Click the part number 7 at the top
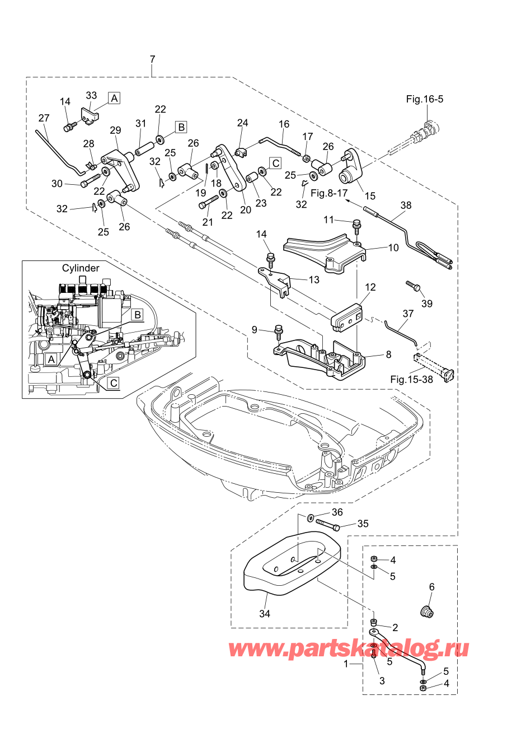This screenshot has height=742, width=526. coord(153,59)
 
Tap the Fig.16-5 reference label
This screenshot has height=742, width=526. coord(424,99)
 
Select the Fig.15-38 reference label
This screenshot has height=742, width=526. coord(411,379)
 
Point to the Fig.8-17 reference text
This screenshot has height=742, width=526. coord(329,193)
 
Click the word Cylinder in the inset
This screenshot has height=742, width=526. coord(81,268)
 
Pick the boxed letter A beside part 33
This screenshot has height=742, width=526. coord(114,98)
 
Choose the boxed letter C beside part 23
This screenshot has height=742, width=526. coord(275,163)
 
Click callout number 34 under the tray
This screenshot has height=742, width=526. coord(265,614)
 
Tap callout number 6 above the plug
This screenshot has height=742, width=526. coord(431,587)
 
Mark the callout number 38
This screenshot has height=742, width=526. coord(406,206)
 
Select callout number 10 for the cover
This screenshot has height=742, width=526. coord(393,248)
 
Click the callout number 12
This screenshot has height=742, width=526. coord(370,287)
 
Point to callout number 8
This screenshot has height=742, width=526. coord(388,354)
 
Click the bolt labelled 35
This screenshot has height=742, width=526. coord(328,525)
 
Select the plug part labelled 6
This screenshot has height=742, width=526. coord(427,612)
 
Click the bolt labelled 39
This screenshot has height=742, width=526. coord(413,286)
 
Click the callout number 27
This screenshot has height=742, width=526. coord(44,118)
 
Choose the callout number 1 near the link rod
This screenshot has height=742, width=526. coord(346,664)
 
